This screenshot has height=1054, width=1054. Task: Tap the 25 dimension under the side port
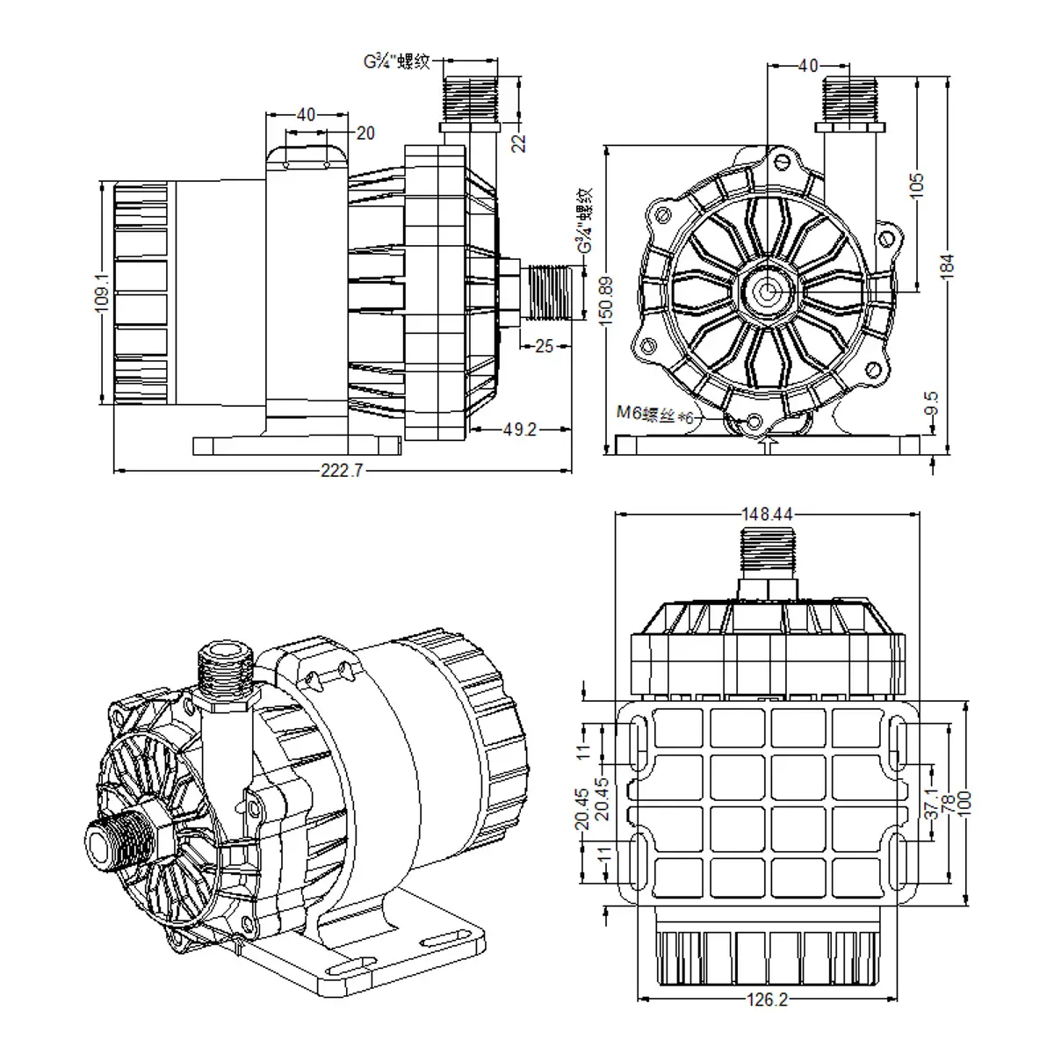pyautogui.click(x=544, y=346)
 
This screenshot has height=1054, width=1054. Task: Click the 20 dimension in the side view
pyautogui.click(x=365, y=133)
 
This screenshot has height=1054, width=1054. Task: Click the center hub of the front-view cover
pyautogui.click(x=769, y=288)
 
